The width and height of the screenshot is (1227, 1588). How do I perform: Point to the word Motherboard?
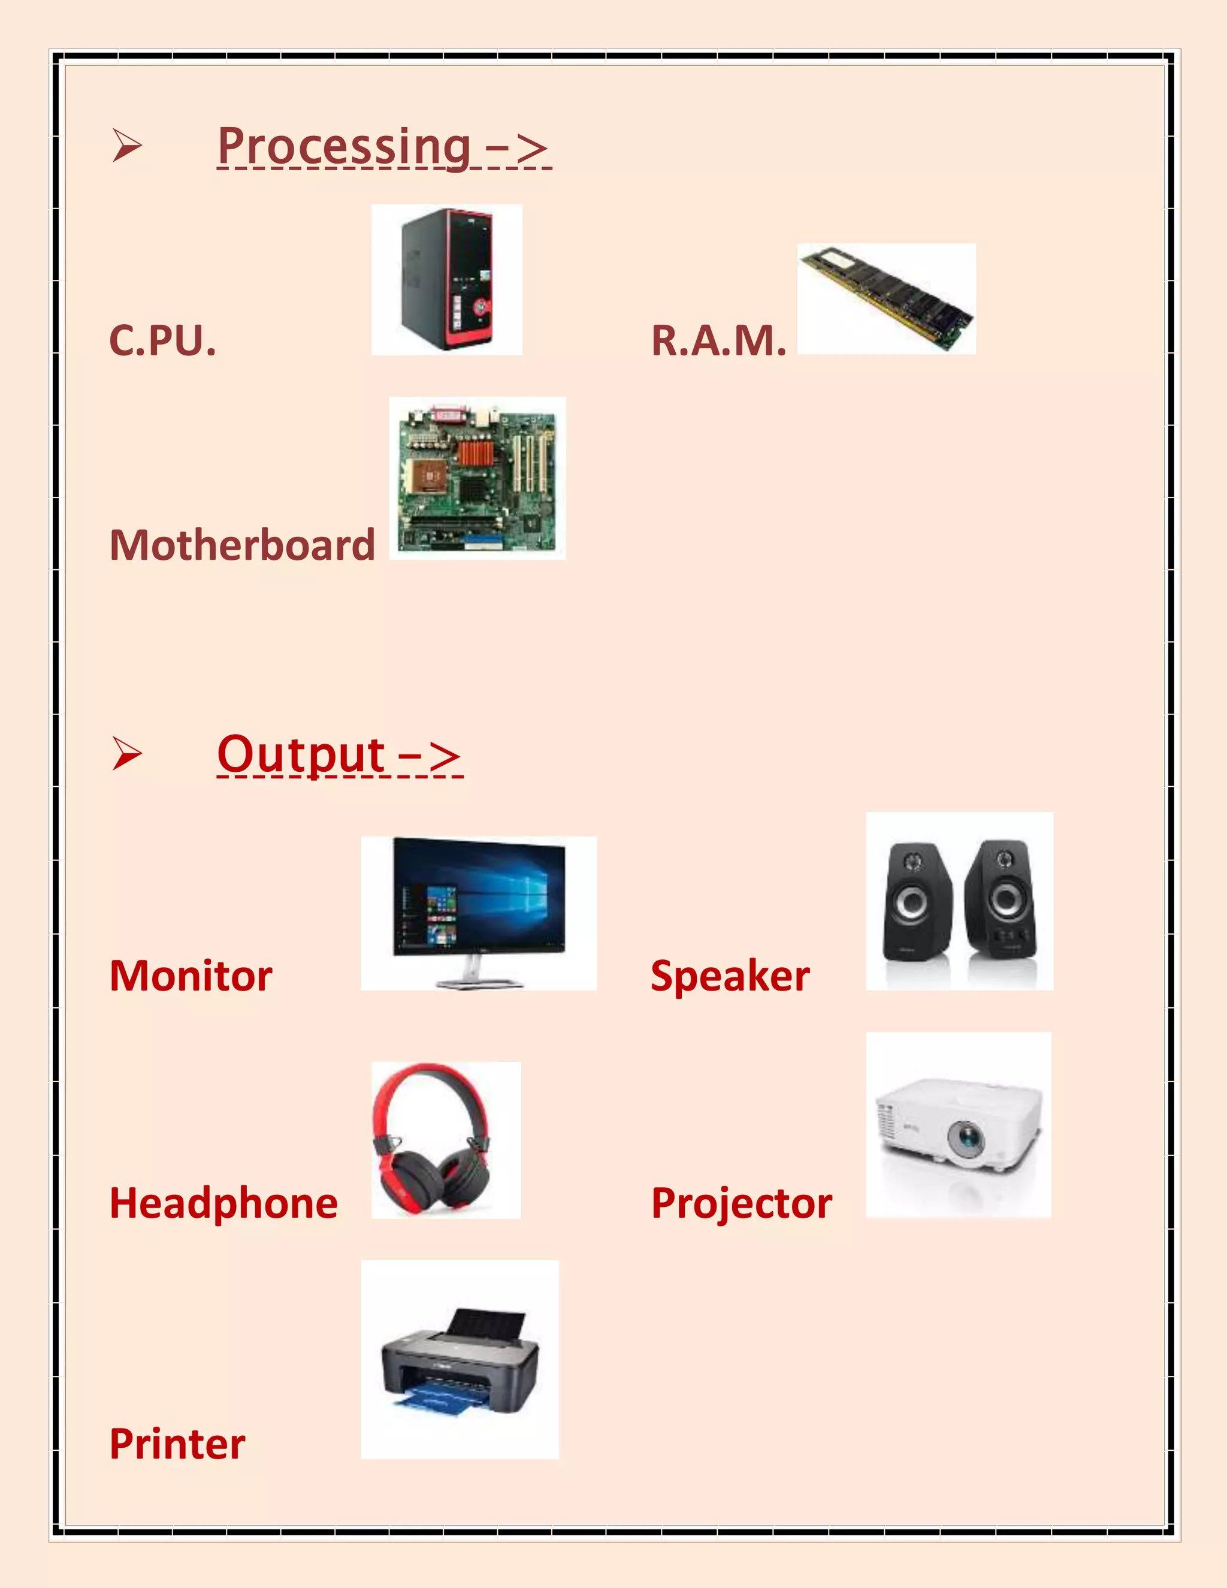coord(242,545)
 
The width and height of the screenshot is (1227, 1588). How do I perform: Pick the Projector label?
coord(742,1203)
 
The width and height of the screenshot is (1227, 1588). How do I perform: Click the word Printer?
coord(177,1444)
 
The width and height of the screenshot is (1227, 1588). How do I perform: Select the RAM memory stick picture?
coord(887,298)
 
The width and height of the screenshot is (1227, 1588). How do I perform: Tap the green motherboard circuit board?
coord(477,478)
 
